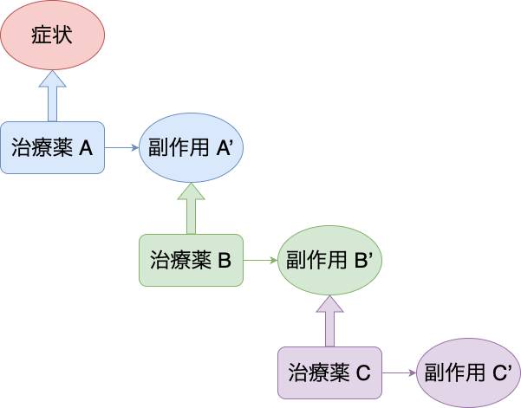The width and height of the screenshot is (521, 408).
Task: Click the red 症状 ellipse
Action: click(x=52, y=36)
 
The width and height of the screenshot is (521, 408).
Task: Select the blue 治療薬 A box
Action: click(x=52, y=147)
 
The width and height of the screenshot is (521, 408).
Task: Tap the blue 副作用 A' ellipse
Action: click(x=191, y=147)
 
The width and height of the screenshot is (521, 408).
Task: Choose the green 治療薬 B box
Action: click(x=191, y=259)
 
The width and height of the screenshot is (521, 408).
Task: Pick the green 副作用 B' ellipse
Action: click(x=329, y=259)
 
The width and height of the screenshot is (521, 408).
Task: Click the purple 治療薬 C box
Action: click(x=329, y=372)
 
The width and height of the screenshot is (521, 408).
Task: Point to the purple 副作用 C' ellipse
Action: click(x=469, y=372)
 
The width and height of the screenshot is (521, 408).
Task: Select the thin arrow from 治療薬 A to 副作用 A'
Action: click(x=121, y=147)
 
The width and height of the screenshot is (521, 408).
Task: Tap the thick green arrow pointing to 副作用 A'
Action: click(x=191, y=208)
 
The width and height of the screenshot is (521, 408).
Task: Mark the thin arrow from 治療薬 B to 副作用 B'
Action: click(x=260, y=259)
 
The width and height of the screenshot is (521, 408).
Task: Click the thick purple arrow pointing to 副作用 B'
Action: click(x=329, y=320)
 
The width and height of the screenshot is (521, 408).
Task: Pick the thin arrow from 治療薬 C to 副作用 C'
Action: click(x=399, y=372)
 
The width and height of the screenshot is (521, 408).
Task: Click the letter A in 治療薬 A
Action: click(x=85, y=148)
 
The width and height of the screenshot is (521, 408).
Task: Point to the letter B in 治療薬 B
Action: click(x=224, y=260)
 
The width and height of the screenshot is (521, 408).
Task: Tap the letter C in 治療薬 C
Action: click(x=363, y=373)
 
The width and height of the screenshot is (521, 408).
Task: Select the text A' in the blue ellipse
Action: click(x=225, y=147)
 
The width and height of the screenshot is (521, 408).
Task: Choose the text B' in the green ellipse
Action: click(x=365, y=259)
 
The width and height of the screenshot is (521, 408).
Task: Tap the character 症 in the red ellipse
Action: click(x=42, y=37)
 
